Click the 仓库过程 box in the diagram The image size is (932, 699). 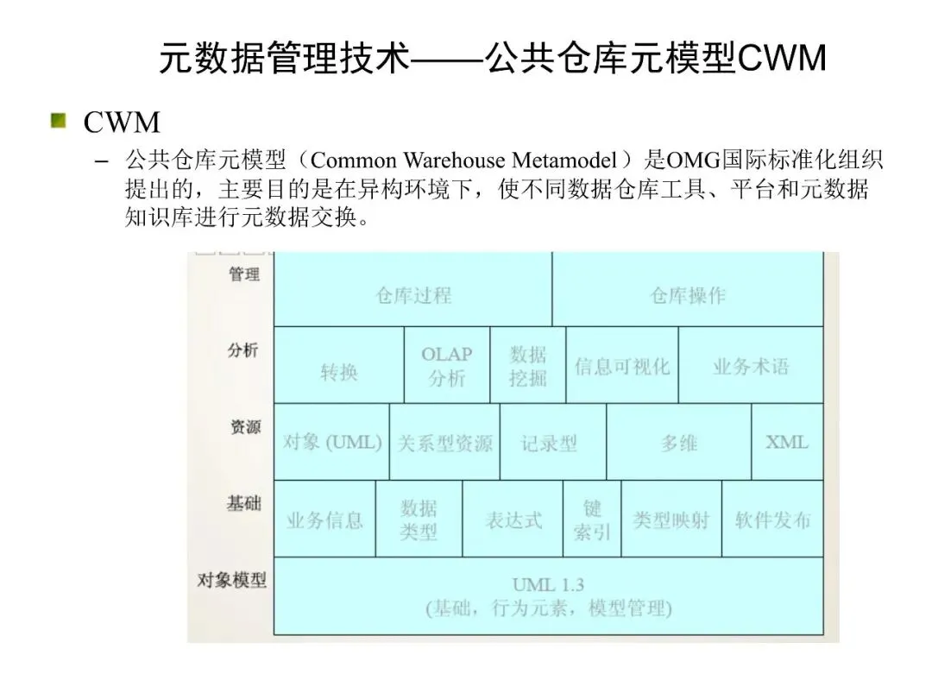[412, 295]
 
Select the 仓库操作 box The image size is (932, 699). [688, 295]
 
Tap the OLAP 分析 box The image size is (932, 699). [446, 366]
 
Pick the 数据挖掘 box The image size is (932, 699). [527, 366]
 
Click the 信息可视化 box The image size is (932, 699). [622, 366]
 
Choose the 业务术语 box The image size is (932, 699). [751, 366]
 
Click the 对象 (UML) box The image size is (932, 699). [332, 443]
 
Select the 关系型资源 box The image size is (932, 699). [444, 443]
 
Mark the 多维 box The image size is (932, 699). [678, 443]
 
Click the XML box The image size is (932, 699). [787, 442]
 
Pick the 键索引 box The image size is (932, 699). [591, 520]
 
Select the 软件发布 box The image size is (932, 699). [772, 520]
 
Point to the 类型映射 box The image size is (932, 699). [671, 520]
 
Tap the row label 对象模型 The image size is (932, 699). [231, 580]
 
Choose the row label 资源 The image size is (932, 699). [245, 426]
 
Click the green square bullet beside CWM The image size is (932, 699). [59, 121]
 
